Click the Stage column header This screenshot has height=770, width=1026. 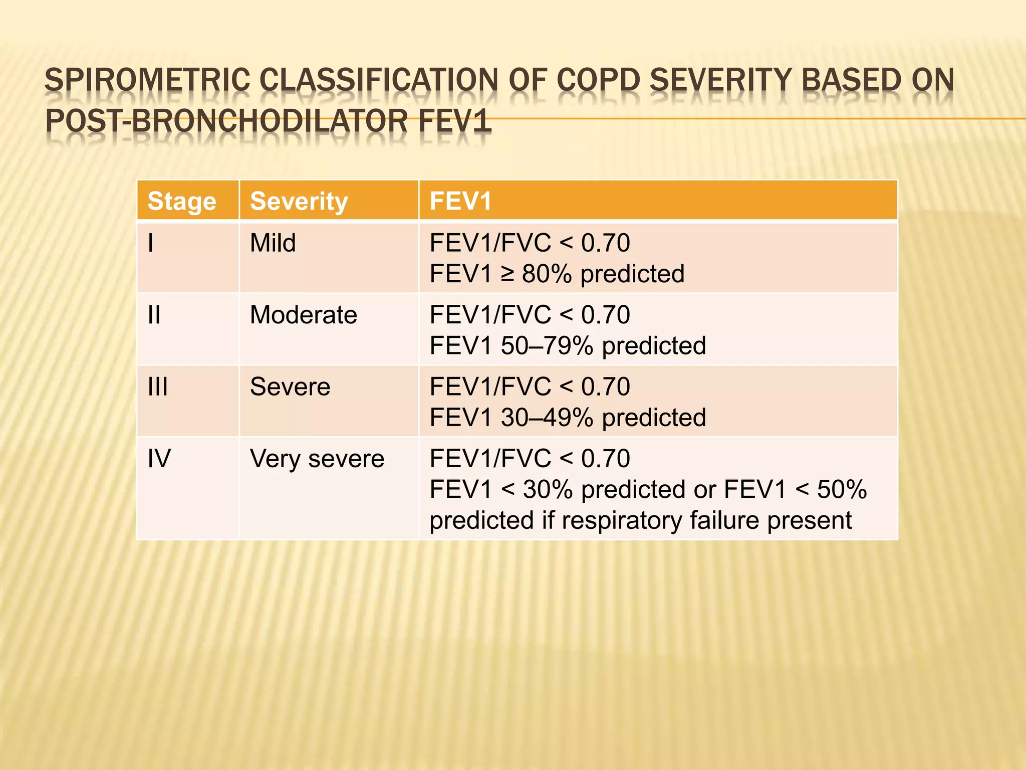click(x=181, y=202)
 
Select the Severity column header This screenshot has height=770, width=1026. click(x=299, y=202)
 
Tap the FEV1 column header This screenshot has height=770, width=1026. click(x=460, y=202)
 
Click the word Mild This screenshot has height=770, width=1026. click(x=273, y=243)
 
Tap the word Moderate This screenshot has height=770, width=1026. click(x=303, y=315)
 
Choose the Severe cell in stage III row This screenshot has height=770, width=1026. click(x=290, y=387)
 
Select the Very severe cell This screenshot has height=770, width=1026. click(x=317, y=459)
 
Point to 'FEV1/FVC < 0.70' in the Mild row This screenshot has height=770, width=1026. click(x=530, y=243)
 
